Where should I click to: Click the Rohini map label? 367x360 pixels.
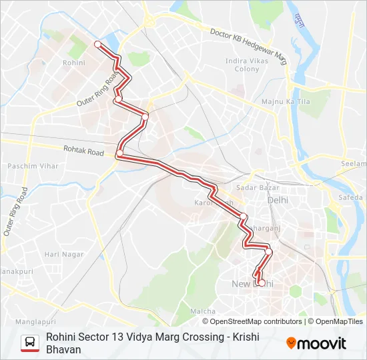73,62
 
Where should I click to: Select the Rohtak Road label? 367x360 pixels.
83,151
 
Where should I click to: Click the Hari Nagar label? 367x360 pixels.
64,254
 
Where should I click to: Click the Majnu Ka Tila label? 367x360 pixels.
286,101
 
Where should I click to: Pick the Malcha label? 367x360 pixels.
202,311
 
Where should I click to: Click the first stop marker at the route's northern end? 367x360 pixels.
97,44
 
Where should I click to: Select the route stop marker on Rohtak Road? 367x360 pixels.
119,154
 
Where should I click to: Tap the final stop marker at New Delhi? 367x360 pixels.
259,281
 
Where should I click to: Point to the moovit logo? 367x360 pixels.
316,343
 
